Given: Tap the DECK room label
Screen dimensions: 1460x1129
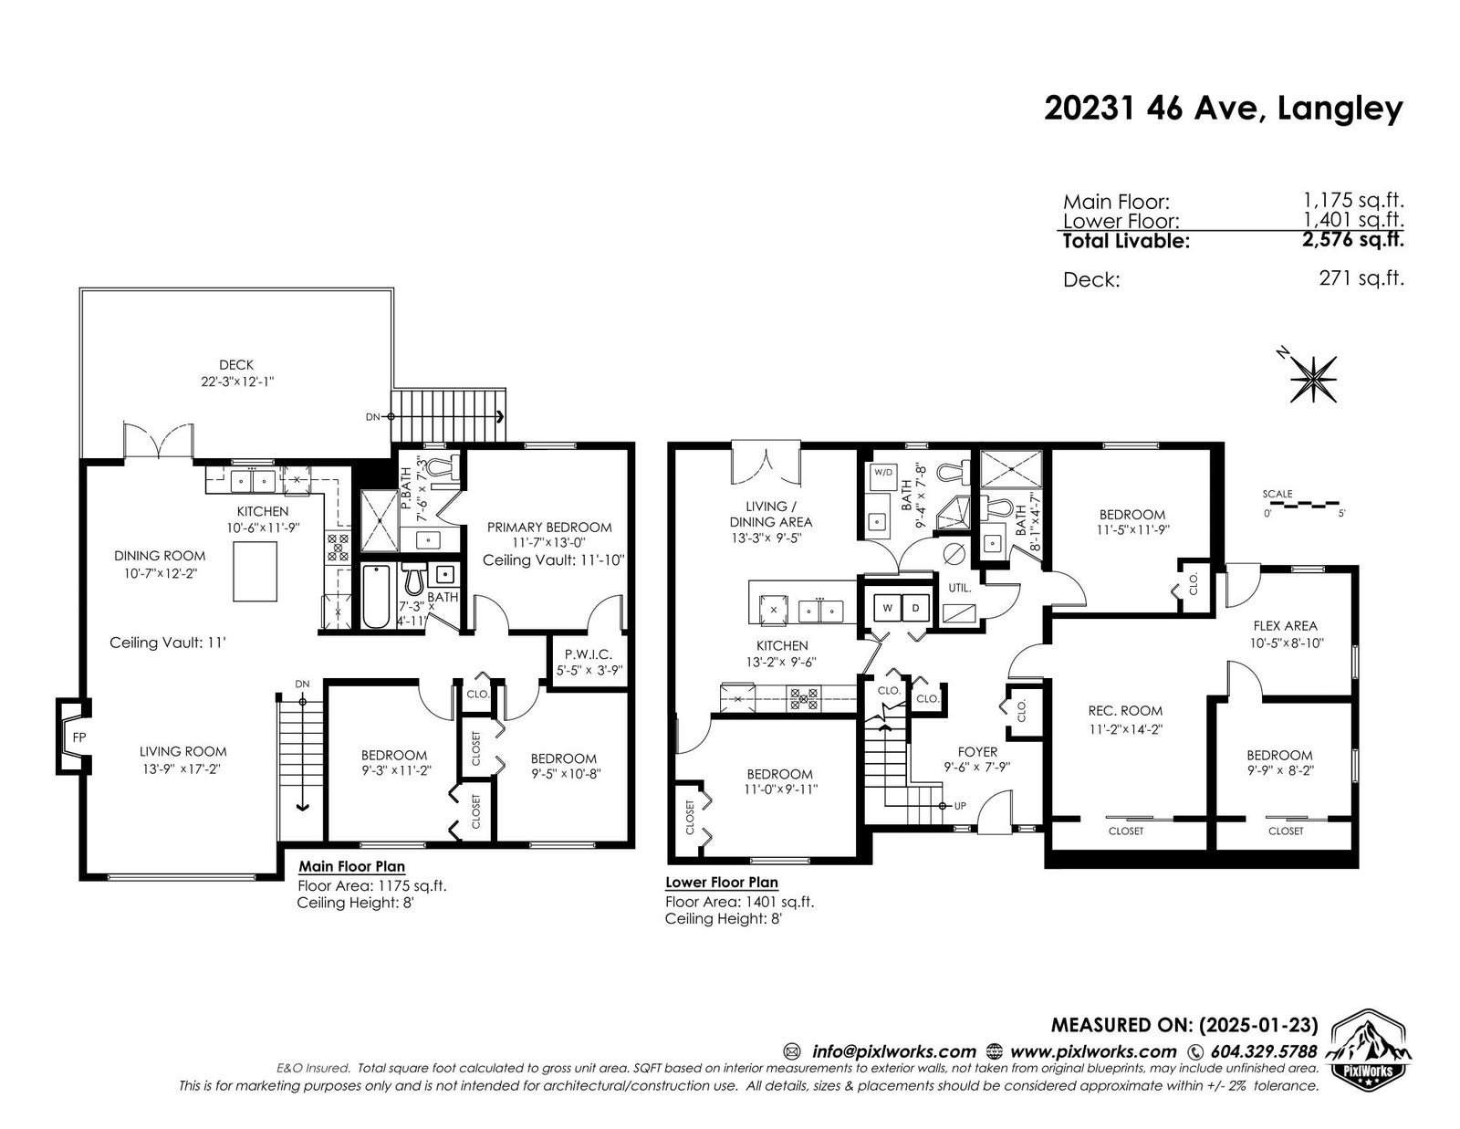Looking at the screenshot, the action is coord(236,365).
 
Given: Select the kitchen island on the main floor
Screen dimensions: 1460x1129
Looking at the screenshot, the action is coord(255,570).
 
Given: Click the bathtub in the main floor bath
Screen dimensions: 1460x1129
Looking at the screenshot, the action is coord(376,596).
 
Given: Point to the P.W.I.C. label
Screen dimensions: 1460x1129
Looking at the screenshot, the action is coord(588,653).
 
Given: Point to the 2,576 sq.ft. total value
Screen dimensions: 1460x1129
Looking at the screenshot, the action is coord(1352,239).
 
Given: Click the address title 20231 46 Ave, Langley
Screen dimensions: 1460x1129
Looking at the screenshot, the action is coord(1224,109).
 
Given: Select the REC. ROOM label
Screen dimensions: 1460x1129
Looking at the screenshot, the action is coord(1125,710).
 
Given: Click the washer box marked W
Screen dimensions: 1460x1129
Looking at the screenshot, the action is coord(887,608).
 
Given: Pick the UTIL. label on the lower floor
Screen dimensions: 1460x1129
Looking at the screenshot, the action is coord(959,588).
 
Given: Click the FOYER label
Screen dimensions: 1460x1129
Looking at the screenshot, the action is coord(977,751).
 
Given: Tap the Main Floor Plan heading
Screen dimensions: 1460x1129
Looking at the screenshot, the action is coord(351,866).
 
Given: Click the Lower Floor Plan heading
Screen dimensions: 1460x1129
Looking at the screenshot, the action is coord(722,883).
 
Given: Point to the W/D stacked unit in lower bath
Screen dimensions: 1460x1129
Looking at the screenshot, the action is coord(883,473).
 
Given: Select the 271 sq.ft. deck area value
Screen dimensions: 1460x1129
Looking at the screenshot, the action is coord(1361,277).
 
